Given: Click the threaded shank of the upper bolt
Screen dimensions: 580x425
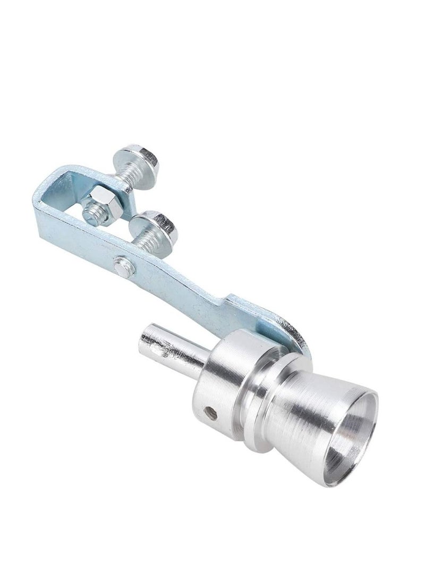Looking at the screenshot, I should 124,173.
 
